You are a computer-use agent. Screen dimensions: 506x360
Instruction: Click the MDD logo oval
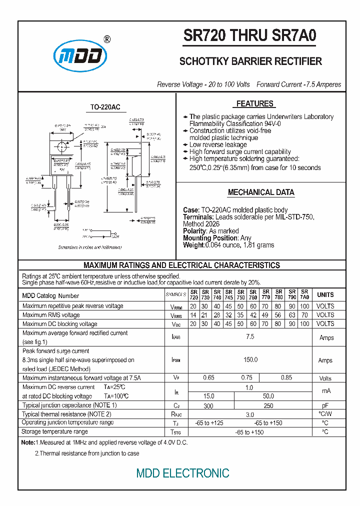80,57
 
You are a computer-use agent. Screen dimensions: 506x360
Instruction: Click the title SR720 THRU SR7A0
250,36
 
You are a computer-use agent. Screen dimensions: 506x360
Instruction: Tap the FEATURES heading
255,104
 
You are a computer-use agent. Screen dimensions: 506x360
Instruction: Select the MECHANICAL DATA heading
261,192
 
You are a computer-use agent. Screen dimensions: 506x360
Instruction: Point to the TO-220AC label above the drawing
105,107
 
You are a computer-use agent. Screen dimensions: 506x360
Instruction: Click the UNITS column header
325,294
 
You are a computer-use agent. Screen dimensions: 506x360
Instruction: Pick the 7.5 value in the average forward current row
250,337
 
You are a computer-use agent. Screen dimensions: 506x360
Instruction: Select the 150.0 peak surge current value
250,360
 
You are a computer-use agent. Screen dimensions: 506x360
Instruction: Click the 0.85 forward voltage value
286,378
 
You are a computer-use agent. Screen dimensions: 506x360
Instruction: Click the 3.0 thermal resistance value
250,414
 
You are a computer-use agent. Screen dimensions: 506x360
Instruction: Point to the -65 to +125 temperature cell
209,423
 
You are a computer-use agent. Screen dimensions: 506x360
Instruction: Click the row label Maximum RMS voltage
51,315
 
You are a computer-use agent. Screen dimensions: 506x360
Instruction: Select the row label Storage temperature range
54,431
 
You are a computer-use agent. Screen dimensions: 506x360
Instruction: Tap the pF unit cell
325,405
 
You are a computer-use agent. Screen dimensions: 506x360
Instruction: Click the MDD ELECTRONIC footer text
183,473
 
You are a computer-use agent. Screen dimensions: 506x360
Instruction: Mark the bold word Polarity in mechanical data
194,231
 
